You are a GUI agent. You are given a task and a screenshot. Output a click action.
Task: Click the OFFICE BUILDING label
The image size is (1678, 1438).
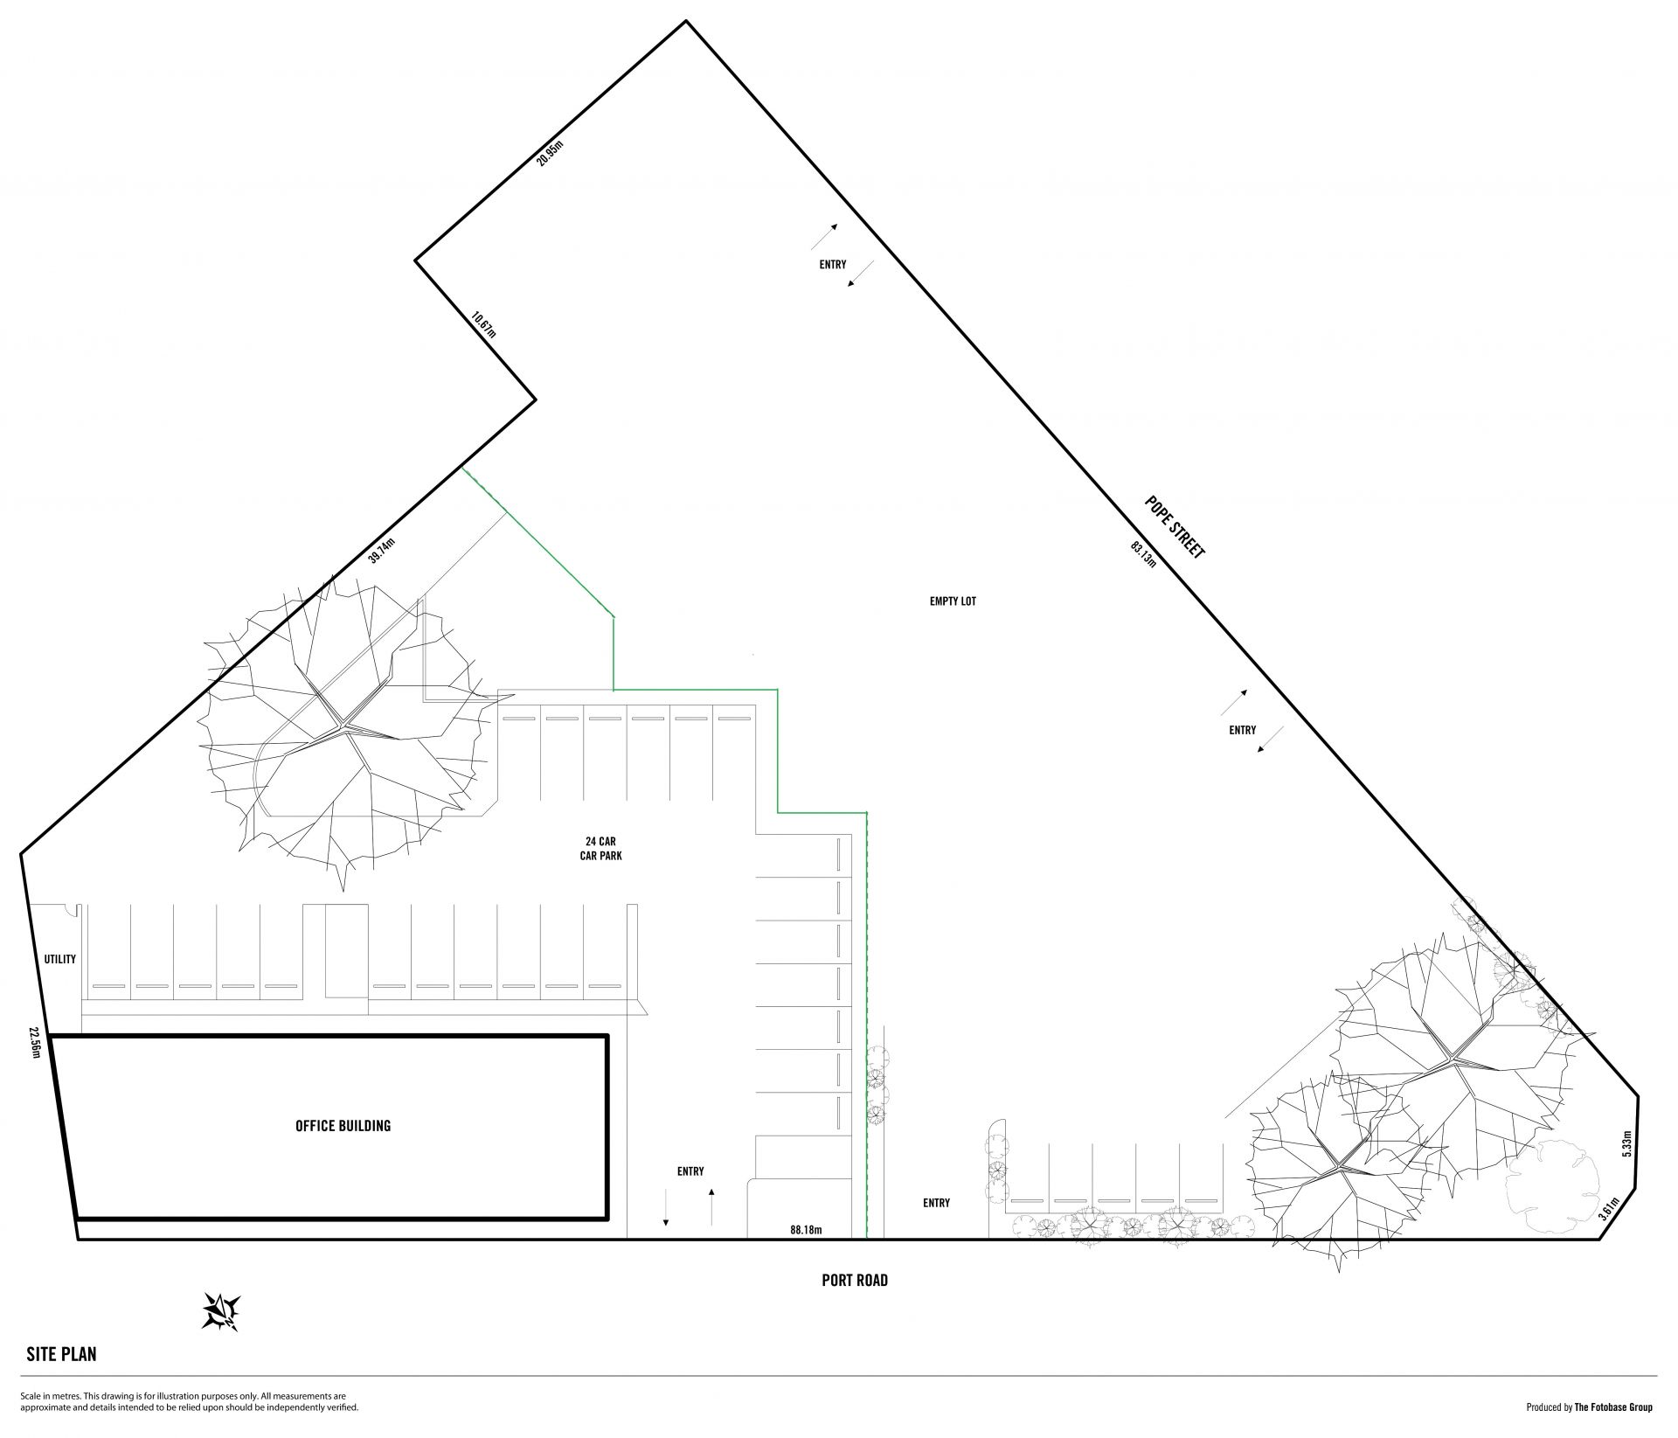click(x=343, y=1126)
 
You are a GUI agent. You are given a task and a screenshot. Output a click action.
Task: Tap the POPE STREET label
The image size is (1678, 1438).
click(x=1175, y=527)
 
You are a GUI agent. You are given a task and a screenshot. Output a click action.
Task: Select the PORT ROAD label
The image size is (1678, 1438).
click(x=855, y=1281)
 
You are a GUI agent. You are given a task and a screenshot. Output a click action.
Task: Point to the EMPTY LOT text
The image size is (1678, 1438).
click(x=953, y=601)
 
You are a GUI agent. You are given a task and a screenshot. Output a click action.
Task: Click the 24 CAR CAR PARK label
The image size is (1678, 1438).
click(x=601, y=849)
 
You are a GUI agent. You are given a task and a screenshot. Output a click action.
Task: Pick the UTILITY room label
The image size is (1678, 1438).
click(x=60, y=959)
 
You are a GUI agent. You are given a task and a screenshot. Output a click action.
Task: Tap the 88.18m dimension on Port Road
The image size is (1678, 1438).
click(x=806, y=1230)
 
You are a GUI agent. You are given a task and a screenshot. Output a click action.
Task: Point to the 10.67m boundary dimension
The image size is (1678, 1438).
click(x=483, y=324)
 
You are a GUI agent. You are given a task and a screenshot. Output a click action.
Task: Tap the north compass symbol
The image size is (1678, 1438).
click(x=221, y=1310)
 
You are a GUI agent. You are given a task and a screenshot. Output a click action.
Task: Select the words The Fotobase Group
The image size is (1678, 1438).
click(x=1613, y=1407)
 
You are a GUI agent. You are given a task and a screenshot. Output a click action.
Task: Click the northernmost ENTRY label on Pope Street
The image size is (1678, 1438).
click(x=833, y=264)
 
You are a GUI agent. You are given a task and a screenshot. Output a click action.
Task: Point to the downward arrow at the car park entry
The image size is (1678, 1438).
click(x=666, y=1206)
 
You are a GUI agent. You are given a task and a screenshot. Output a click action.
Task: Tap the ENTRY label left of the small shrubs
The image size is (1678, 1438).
click(x=936, y=1203)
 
